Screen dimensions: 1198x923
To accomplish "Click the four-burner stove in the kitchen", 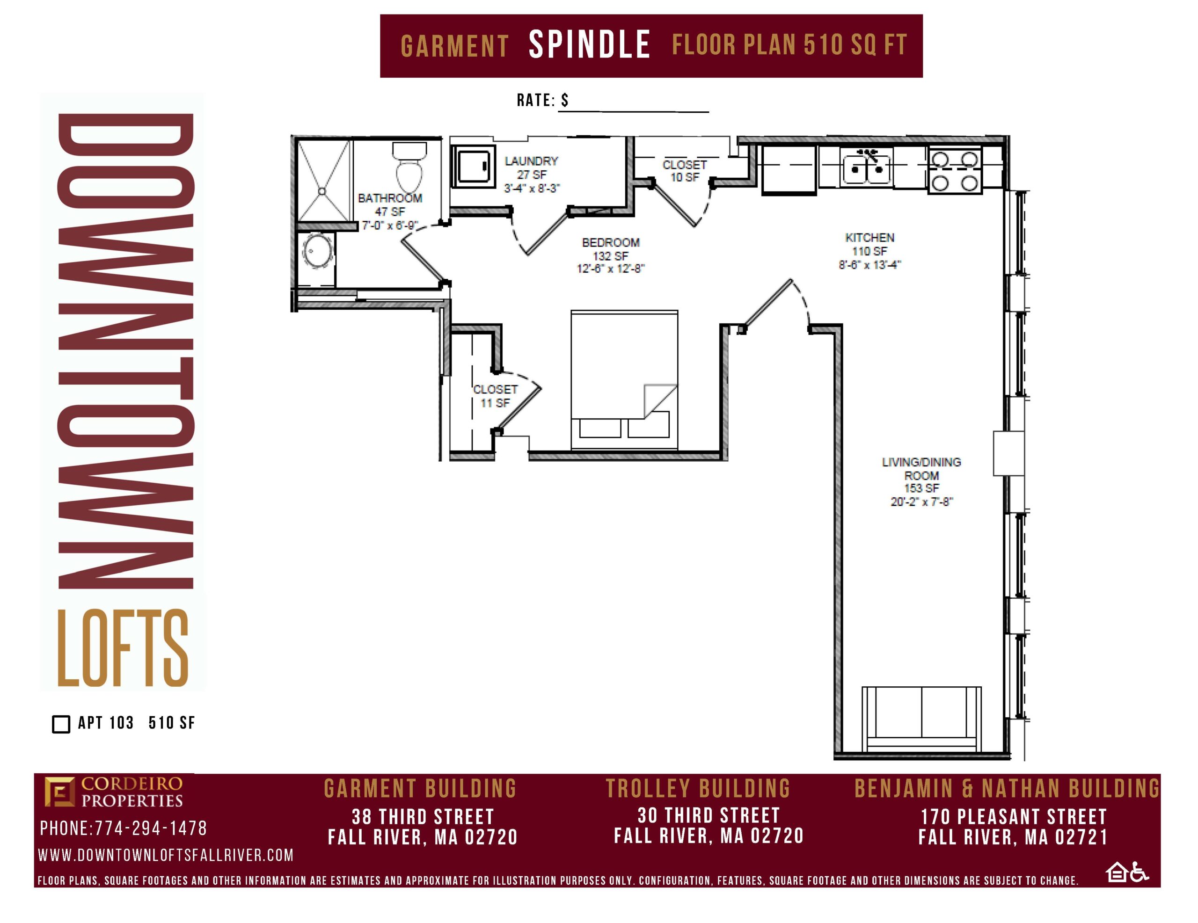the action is (x=955, y=169).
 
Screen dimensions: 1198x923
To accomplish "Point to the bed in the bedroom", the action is (x=624, y=380).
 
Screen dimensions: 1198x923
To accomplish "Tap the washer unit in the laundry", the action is (x=473, y=165).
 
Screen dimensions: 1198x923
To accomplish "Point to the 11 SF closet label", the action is (x=495, y=396).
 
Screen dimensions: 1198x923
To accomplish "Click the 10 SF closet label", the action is (x=685, y=171).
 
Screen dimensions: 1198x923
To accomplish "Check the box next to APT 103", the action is (x=61, y=724).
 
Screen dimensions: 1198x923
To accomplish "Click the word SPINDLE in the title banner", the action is (x=589, y=45).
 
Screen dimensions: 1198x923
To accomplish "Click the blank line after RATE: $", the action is (x=634, y=112).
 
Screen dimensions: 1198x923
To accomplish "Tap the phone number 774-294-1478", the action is (x=151, y=828).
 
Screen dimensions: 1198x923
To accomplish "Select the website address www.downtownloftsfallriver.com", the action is (x=166, y=855).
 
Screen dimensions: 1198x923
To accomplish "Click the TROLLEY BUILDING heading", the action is (x=698, y=789).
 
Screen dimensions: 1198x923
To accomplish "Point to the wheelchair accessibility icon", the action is (x=1140, y=872).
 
